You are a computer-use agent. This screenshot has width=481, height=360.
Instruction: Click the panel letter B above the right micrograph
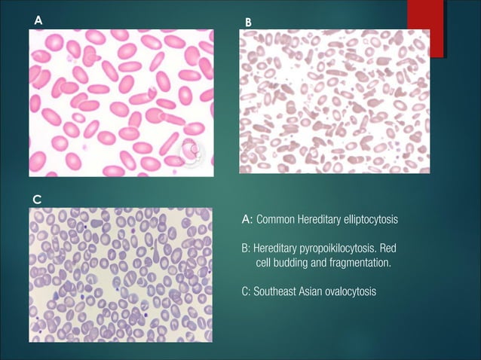pyautogui.click(x=248, y=23)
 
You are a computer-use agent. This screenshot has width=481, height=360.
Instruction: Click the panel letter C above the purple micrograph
pyautogui.click(x=37, y=198)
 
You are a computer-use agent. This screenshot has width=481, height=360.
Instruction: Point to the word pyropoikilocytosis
pyautogui.click(x=336, y=248)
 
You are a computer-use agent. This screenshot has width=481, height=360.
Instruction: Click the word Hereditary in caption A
pyautogui.click(x=317, y=219)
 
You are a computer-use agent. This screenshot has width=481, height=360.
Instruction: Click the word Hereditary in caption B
pyautogui.click(x=277, y=248)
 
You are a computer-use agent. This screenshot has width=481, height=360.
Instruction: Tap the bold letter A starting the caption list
pyautogui.click(x=246, y=219)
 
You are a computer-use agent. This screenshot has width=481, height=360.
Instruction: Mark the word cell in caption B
pyautogui.click(x=263, y=262)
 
